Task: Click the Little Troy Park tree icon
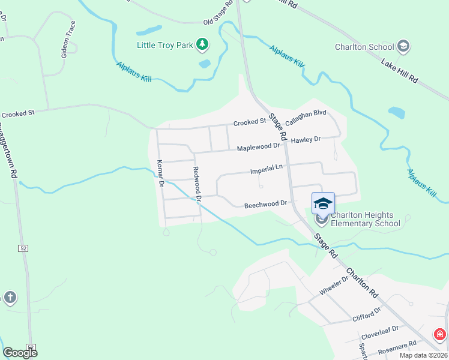click(203, 44)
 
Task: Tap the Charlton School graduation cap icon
click(403, 46)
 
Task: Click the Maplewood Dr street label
click(258, 146)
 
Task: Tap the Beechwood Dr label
click(266, 205)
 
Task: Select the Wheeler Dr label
click(334, 286)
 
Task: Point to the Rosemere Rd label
click(396, 347)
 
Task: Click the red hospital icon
click(440, 334)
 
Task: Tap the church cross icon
click(10, 297)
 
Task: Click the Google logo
click(20, 352)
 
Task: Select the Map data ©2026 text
click(423, 355)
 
